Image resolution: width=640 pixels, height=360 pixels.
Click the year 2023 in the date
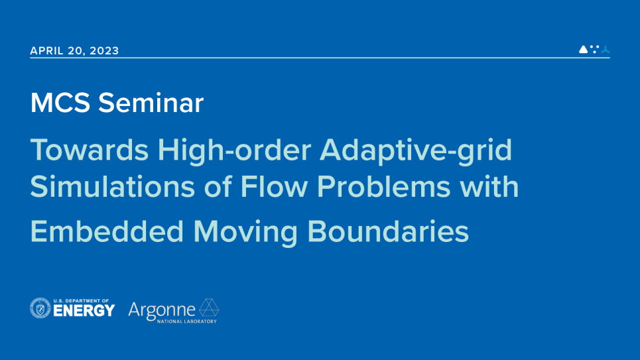tap(104, 50)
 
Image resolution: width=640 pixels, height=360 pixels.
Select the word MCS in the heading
tap(60, 103)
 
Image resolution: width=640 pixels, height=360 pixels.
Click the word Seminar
tap(151, 103)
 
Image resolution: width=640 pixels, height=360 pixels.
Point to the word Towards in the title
tap(90, 150)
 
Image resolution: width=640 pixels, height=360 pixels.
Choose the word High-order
tap(234, 150)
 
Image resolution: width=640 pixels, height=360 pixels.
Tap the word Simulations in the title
tap(113, 187)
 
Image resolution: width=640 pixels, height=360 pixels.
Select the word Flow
tap(274, 187)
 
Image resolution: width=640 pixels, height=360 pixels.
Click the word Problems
tap(384, 187)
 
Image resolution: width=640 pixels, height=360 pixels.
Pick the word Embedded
tap(107, 231)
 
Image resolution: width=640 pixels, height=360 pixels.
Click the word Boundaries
tap(388, 231)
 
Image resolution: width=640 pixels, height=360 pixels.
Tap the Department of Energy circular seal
tap(40, 308)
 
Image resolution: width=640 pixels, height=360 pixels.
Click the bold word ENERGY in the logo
tap(84, 311)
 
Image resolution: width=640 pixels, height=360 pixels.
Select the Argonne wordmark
tap(162, 311)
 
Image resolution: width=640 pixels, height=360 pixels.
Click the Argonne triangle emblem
tap(208, 308)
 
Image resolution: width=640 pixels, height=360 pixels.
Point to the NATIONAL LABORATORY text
tap(187, 322)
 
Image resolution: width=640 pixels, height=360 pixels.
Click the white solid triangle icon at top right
tap(583, 49)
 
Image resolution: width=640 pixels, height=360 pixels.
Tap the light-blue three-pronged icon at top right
tap(606, 49)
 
